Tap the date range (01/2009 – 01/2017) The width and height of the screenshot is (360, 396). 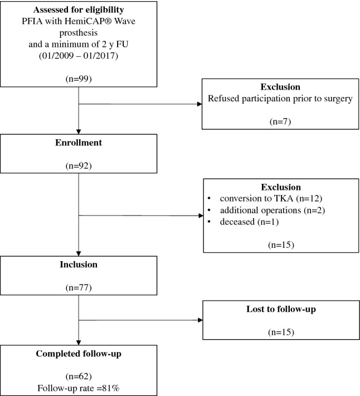(80, 56)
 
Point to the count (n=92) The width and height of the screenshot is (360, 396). (80, 165)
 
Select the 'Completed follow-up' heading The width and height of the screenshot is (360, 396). (80, 354)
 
